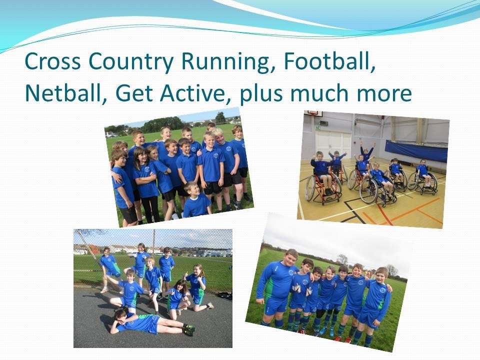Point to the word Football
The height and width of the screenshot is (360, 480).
pyautogui.click(x=329, y=61)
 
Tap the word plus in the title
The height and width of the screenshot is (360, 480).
pyautogui.click(x=261, y=94)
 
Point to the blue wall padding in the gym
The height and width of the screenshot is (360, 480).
pyautogui.click(x=416, y=151)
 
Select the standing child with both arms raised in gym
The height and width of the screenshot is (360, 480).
pyautogui.click(x=366, y=152)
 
